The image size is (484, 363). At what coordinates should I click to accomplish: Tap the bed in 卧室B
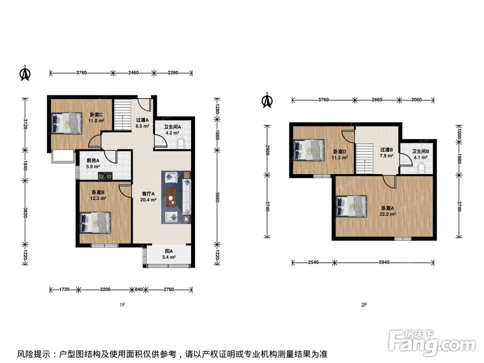coord(95,223)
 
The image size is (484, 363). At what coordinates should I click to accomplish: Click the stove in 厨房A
coord(105,176)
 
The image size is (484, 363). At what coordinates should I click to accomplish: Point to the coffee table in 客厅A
coord(171,197)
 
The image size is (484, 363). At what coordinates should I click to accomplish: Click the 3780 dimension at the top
coord(81,73)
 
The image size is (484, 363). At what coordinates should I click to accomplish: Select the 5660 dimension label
coord(218,197)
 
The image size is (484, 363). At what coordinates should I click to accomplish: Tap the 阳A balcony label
coord(169,251)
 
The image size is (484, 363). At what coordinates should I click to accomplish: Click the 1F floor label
coord(122,304)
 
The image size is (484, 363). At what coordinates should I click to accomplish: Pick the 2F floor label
coord(364,304)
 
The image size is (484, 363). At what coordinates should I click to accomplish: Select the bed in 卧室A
coord(351,206)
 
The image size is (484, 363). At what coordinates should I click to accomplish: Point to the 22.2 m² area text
coord(388,214)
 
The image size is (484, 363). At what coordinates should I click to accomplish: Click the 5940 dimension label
coord(384,262)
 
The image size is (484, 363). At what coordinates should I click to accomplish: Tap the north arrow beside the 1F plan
coord(25,73)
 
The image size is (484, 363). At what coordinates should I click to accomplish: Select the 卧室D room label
coord(340,151)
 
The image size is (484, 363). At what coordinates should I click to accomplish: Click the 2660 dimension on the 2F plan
coord(377,100)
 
